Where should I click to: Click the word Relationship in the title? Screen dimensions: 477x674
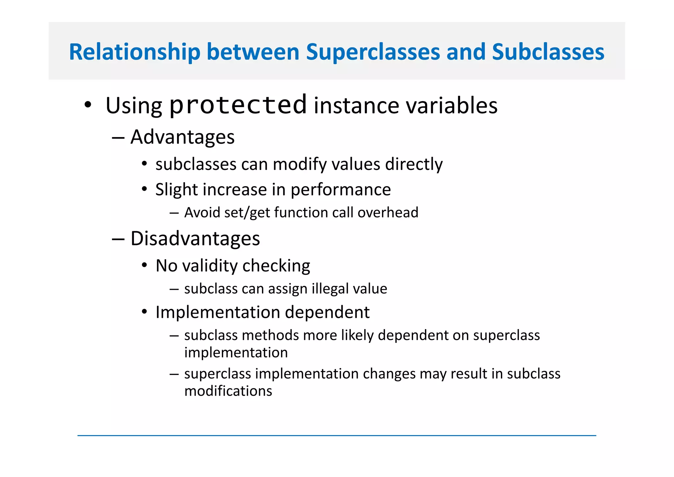tap(134, 52)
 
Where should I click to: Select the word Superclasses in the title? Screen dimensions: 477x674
tap(373, 52)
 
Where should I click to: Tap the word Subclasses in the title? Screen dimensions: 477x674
tap(548, 52)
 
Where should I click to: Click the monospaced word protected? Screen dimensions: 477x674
tap(238, 105)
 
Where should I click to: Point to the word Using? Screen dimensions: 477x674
tap(134, 106)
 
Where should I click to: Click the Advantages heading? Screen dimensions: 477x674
tap(182, 137)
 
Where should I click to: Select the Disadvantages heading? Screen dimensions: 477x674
tap(195, 238)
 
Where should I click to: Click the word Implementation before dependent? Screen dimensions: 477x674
tap(218, 312)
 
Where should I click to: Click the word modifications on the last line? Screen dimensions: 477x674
tap(228, 391)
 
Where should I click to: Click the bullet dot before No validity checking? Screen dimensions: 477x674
tap(144, 265)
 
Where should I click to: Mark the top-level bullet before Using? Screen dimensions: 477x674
tap(88, 105)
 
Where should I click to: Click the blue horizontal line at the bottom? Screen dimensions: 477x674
tap(336, 435)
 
